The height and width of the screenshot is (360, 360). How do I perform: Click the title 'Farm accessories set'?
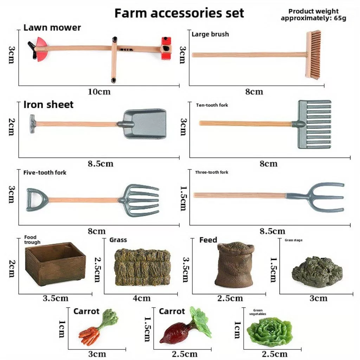(179, 13)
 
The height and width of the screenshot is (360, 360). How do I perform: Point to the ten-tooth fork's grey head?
(314, 124)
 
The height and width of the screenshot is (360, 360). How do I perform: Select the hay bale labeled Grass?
(142, 267)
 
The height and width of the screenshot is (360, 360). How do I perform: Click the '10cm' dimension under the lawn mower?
(99, 92)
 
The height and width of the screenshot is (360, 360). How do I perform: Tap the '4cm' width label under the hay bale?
(141, 298)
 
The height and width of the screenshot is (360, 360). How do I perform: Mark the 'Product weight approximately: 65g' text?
(313, 15)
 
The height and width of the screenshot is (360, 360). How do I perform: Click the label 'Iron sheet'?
(48, 104)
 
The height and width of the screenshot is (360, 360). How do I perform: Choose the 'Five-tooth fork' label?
(45, 173)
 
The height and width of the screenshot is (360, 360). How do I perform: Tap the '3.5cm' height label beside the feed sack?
(186, 270)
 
